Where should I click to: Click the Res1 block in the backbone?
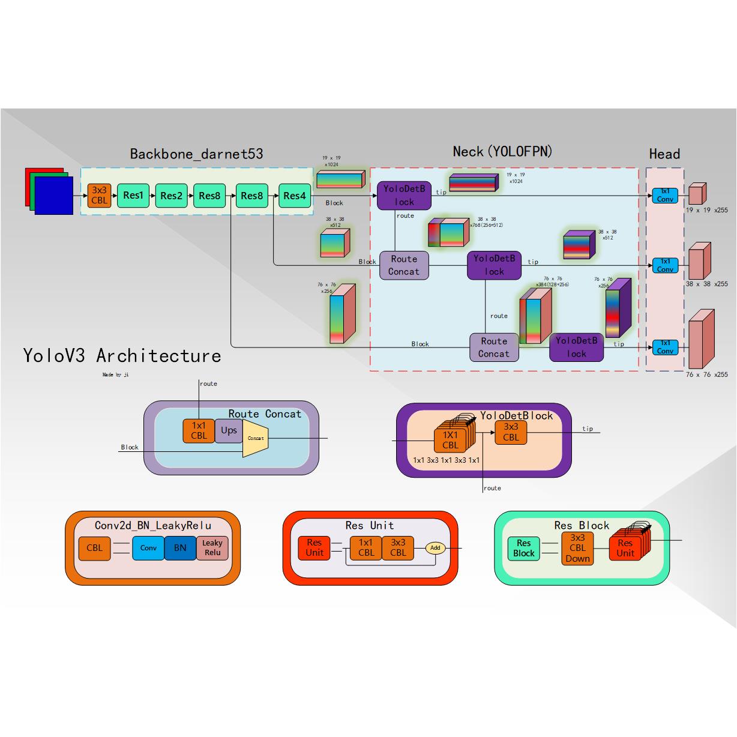[133, 196]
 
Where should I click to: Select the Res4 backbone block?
[295, 196]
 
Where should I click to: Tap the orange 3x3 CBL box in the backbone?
[100, 196]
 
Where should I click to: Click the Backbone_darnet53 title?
[196, 154]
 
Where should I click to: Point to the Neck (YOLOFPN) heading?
[502, 152]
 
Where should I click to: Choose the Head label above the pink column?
[664, 154]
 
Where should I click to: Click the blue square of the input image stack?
[54, 195]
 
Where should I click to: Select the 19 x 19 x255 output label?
[706, 211]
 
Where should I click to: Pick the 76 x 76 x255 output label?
[706, 375]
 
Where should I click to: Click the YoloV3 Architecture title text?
[122, 356]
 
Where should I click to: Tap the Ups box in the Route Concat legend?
[229, 430]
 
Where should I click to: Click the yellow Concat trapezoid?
[255, 439]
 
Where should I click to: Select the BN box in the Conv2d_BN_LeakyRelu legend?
[180, 548]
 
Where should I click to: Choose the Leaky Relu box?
[212, 548]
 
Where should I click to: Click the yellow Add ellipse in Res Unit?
[435, 548]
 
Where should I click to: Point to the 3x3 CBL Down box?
[577, 548]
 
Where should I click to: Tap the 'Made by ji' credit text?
[115, 375]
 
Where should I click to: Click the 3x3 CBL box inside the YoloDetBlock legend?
[511, 432]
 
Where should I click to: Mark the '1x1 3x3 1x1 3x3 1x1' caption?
[447, 460]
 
